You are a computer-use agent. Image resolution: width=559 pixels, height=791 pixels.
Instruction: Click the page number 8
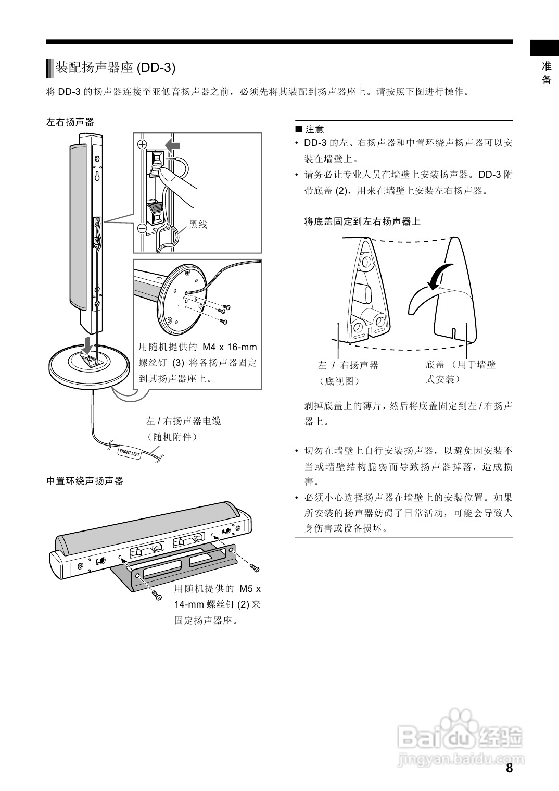509,768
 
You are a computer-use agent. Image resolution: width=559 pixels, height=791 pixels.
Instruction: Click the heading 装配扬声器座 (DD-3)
116,68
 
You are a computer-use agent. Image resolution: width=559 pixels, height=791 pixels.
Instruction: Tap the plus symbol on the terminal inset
142,144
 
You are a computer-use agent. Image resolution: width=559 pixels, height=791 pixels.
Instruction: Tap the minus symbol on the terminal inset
142,228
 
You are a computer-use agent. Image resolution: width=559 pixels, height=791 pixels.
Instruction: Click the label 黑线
198,225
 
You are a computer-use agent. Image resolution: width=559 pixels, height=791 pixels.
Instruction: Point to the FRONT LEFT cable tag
130,452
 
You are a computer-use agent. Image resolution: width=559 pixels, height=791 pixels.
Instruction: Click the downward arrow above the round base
89,344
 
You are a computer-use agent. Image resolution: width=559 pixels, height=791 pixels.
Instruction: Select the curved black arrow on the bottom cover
438,275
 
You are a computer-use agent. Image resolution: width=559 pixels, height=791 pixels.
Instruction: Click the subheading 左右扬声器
70,122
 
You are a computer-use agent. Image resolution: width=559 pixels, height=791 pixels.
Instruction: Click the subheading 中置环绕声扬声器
85,481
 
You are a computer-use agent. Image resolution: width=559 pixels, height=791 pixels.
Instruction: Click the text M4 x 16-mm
230,347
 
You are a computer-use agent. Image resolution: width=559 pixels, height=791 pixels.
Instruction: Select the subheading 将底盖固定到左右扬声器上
362,221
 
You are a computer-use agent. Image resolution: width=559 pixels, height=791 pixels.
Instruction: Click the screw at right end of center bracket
254,567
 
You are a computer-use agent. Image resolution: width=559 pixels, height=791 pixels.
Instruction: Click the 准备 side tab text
547,73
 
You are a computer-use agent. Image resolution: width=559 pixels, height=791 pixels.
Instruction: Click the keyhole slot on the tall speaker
97,175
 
